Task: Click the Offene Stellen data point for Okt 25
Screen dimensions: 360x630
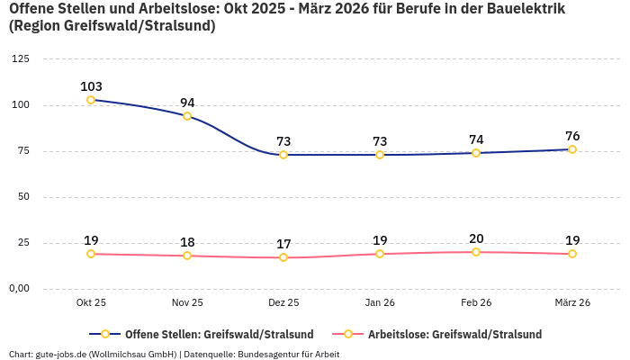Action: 91,100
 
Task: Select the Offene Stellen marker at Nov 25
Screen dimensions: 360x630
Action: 187,116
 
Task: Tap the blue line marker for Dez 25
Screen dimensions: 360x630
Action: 283,155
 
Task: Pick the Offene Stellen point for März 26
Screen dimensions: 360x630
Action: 572,149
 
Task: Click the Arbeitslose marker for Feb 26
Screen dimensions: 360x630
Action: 476,252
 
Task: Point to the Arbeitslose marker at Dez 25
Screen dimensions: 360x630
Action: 283,257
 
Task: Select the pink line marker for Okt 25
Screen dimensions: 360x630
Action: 91,254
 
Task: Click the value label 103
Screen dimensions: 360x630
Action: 91,86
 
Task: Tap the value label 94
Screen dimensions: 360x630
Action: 187,103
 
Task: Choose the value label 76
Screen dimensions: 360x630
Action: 572,136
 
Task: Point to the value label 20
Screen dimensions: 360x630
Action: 476,238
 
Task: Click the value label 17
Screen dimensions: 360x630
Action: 283,244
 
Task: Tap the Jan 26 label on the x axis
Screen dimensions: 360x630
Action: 380,302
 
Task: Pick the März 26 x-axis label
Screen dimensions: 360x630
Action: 572,302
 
